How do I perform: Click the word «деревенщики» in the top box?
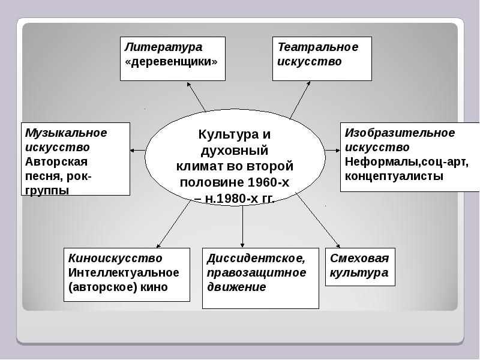(170, 62)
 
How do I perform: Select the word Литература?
(163, 47)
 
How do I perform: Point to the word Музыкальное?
(66, 133)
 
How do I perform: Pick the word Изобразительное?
(400, 133)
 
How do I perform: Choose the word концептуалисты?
(394, 176)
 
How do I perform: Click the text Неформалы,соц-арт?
(406, 161)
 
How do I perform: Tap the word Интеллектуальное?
(124, 272)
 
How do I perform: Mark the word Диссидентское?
(256, 259)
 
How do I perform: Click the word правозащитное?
(256, 272)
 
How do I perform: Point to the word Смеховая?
(359, 259)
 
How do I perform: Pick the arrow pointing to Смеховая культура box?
(318, 222)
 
